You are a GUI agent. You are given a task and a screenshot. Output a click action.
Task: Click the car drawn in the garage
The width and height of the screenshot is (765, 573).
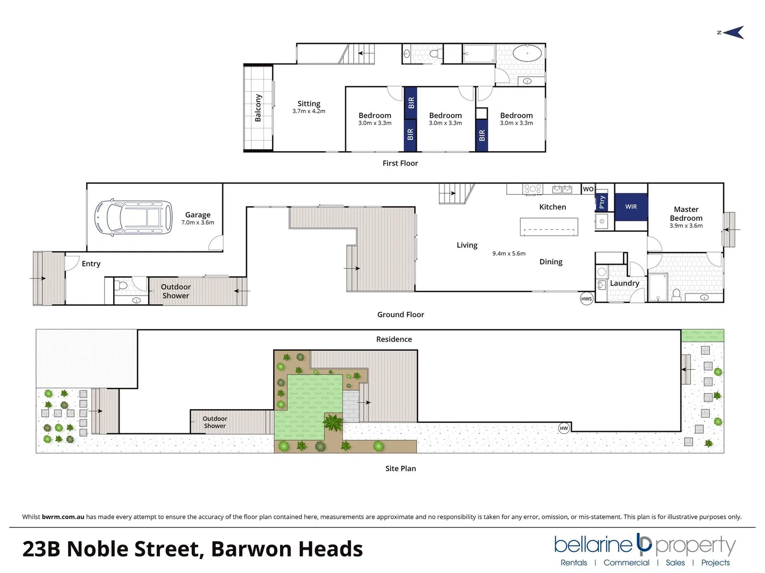[134, 218]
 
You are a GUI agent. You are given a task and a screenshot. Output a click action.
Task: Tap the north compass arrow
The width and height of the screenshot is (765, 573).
[733, 33]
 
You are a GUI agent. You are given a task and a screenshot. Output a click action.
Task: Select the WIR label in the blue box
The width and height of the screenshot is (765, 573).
[631, 206]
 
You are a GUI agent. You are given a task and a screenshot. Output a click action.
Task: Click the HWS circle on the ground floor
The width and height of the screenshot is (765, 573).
[586, 299]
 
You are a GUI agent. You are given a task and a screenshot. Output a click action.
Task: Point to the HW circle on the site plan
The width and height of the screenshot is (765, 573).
[564, 428]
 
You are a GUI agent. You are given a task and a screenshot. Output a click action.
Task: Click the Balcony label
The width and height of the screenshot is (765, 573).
[258, 108]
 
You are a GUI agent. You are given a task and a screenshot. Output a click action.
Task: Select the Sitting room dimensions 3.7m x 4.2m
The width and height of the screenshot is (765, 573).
[309, 111]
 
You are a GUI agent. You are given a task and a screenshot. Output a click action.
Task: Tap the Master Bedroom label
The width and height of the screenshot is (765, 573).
[686, 214]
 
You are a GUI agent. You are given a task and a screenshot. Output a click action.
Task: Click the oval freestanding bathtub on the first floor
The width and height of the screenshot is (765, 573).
[527, 54]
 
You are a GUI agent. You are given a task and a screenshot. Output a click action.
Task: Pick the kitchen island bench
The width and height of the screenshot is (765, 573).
[549, 227]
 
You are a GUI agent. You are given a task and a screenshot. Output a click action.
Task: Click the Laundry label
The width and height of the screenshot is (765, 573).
[624, 283]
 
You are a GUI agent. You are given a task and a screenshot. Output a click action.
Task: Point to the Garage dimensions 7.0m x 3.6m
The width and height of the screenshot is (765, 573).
[198, 222]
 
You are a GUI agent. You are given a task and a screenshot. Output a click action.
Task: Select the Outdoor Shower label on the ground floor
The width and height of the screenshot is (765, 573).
[175, 291]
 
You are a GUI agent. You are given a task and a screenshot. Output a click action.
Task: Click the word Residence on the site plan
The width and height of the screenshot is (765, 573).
[394, 339]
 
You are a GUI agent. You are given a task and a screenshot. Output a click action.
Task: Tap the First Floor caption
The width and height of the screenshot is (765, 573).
[400, 163]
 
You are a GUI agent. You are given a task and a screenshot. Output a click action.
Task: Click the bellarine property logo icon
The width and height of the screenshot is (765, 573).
[644, 543]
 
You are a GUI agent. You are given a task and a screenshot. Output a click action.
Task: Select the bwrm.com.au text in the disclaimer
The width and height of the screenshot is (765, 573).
[63, 517]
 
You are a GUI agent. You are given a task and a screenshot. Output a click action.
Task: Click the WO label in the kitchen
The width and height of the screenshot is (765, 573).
[588, 189]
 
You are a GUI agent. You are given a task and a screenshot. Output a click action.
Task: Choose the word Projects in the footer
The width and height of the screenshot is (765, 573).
[715, 562]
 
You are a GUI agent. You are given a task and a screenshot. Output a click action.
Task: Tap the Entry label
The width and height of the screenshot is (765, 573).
[91, 264]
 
